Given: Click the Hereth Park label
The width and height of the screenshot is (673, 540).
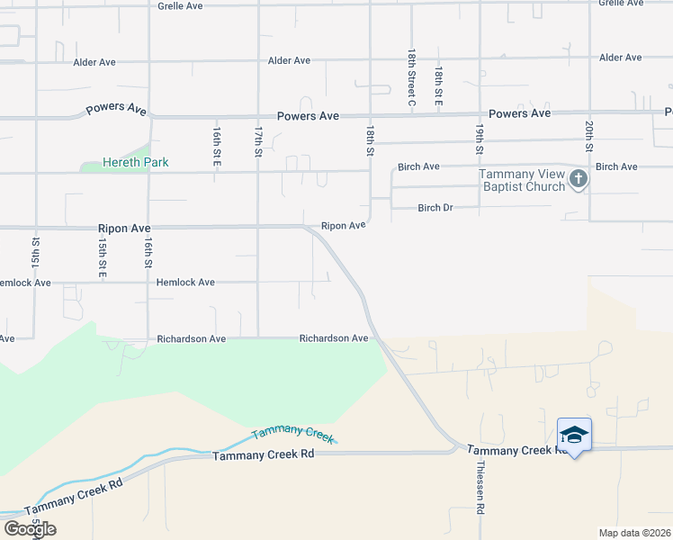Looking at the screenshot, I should (x=136, y=163).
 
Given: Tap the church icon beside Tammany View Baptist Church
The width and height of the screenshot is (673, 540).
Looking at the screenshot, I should (x=578, y=179).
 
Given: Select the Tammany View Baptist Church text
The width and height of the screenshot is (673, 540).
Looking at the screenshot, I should (x=521, y=180).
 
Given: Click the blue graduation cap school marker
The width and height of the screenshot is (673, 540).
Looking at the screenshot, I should (x=574, y=436).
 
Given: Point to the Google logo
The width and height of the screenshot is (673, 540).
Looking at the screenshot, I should (x=29, y=529).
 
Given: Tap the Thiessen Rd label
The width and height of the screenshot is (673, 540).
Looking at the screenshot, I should (x=480, y=489).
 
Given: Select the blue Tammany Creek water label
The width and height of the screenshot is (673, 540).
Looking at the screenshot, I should (x=292, y=433).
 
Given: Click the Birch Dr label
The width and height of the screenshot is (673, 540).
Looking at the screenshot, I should (x=435, y=208).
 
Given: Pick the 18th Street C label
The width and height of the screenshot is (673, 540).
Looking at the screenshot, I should (x=410, y=77).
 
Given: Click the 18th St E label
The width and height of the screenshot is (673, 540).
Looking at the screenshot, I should (x=438, y=86).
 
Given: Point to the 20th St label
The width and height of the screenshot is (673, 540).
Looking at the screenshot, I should (x=588, y=135).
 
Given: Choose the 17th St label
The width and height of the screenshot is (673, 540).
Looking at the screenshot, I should (x=257, y=141).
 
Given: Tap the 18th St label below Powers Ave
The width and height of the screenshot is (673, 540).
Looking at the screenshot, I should (x=369, y=141).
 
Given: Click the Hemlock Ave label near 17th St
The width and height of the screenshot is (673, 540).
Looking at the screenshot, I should (x=185, y=282).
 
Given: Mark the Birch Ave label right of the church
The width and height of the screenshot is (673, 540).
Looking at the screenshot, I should (x=616, y=166).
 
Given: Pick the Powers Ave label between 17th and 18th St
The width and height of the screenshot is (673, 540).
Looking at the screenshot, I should (x=308, y=116).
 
